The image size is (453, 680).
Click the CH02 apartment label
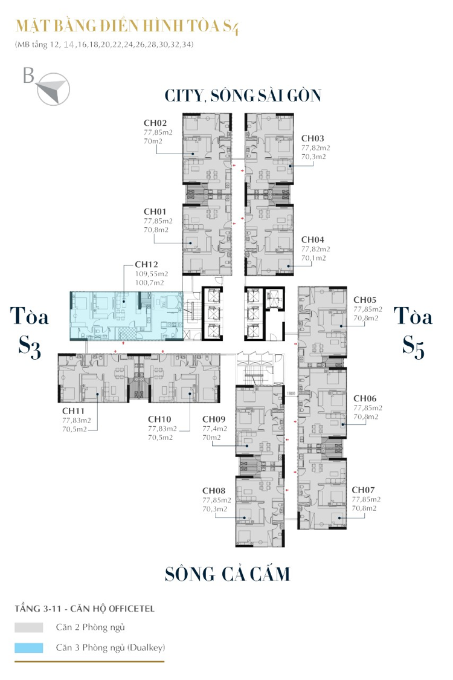(155, 123)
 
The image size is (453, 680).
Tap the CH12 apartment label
(147, 265)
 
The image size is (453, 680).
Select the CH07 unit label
(363, 490)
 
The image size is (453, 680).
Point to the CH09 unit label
(214, 419)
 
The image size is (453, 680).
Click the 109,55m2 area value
(152, 274)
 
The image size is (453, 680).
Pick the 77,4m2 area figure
(214, 429)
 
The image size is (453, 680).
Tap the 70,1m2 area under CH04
(313, 258)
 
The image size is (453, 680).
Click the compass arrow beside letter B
(53, 88)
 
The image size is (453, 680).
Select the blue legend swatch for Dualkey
(28, 647)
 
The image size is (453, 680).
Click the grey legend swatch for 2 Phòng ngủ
(28, 627)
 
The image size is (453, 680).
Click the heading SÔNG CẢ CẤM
(227, 574)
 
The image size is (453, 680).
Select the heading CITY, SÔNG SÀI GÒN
(243, 96)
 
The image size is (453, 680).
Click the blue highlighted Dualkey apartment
(127, 316)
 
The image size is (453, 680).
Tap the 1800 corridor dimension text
(291, 393)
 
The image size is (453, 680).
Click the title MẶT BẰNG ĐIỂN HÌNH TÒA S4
(127, 26)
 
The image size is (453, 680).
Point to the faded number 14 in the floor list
(68, 44)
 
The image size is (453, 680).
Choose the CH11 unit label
(73, 410)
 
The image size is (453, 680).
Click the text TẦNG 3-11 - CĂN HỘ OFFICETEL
(85, 609)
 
